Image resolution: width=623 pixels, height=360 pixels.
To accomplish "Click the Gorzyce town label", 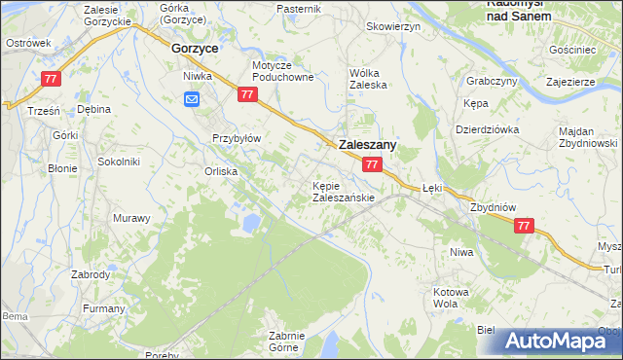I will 194,47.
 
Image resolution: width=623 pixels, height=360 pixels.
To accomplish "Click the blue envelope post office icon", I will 192,98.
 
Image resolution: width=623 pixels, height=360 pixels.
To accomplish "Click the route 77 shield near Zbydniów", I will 525,226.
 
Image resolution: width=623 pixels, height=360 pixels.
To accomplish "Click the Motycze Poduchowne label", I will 282,71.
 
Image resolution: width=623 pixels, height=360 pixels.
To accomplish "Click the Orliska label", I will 221,171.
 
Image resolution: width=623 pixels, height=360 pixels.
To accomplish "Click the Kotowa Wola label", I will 451,297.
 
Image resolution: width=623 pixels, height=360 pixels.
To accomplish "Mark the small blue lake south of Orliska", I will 251,225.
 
